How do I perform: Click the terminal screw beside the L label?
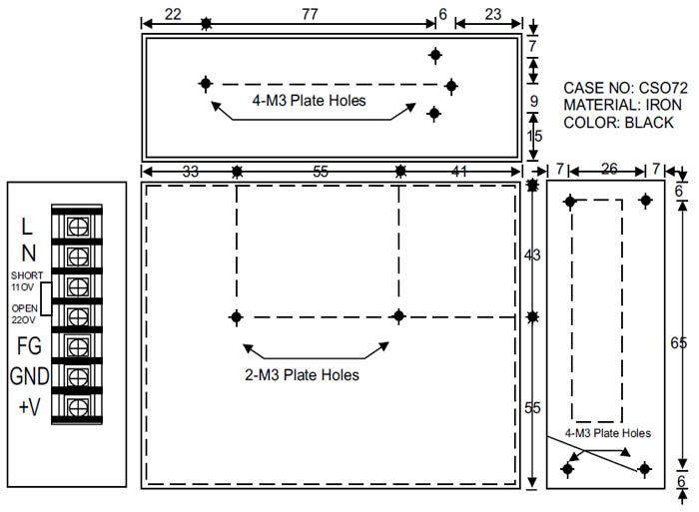tap(78, 227)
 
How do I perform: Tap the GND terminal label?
tap(29, 376)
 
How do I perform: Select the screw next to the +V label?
tap(78, 407)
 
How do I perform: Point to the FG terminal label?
tap(29, 346)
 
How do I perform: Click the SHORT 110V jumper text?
tap(27, 281)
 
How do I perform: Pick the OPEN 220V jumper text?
tap(25, 313)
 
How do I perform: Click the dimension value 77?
tap(310, 14)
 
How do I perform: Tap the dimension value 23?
tap(493, 14)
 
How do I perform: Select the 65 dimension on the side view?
tap(678, 342)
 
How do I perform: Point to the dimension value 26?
tap(609, 169)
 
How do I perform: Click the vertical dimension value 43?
tap(532, 255)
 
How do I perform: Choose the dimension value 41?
tap(459, 171)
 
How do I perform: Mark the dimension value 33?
tap(191, 171)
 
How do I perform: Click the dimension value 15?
tap(534, 136)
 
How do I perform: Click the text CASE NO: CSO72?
tap(625, 88)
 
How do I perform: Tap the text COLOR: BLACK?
tap(618, 123)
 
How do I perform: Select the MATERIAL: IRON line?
tap(622, 105)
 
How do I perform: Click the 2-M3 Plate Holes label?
tap(302, 375)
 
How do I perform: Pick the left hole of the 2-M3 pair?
tap(237, 317)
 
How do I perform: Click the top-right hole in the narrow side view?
tap(645, 201)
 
